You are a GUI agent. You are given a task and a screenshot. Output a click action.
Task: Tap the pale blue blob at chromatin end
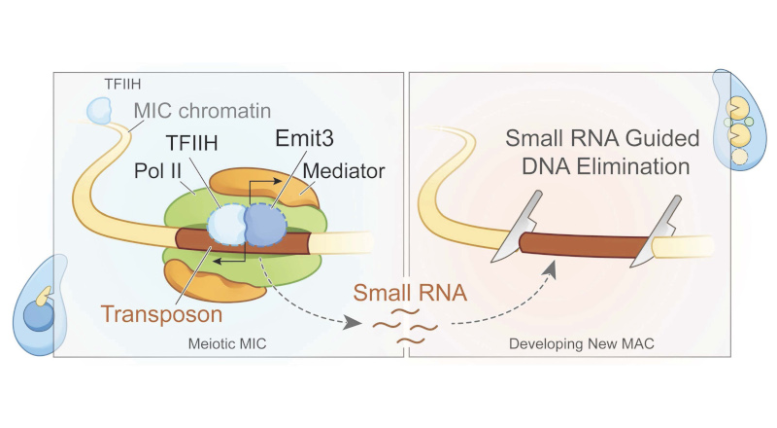[x=99, y=110]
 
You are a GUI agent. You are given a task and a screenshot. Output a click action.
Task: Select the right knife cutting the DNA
[x=657, y=233]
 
